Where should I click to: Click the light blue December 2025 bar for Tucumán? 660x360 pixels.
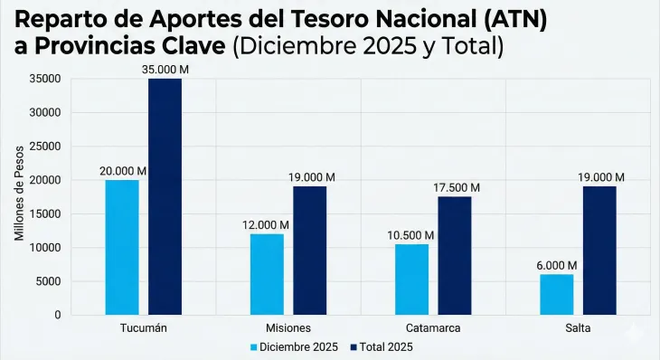(122, 247)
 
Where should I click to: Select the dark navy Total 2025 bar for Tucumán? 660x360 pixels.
(165, 196)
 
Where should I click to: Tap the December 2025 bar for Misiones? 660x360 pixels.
(267, 274)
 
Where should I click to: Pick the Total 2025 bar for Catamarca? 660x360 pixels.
(455, 255)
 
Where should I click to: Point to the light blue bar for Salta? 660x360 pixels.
(556, 294)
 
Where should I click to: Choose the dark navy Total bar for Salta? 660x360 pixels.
(599, 251)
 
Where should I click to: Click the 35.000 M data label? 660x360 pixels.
(165, 69)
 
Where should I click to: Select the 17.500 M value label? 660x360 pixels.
(456, 187)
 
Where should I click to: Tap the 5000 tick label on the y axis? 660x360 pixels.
(50, 281)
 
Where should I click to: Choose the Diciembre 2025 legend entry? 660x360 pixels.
(295, 346)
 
